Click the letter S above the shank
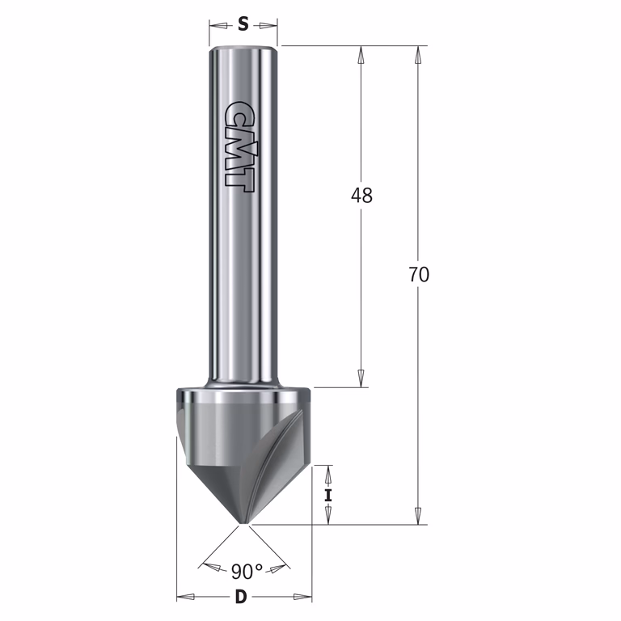point(243,25)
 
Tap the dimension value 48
point(361,195)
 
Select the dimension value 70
point(419,274)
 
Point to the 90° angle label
point(247,572)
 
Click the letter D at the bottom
point(241,597)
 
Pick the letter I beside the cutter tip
point(328,496)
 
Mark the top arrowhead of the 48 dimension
point(361,55)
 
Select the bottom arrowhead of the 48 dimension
point(361,378)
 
